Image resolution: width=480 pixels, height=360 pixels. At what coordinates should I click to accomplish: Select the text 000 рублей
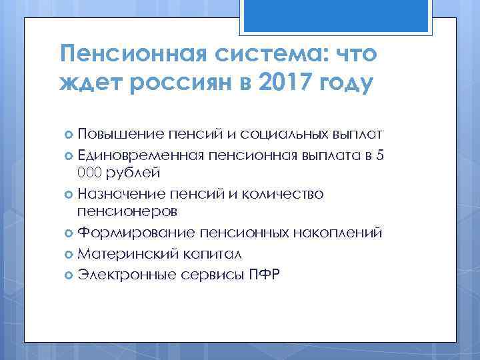[119, 173]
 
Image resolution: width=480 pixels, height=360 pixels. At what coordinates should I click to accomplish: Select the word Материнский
[124, 254]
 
